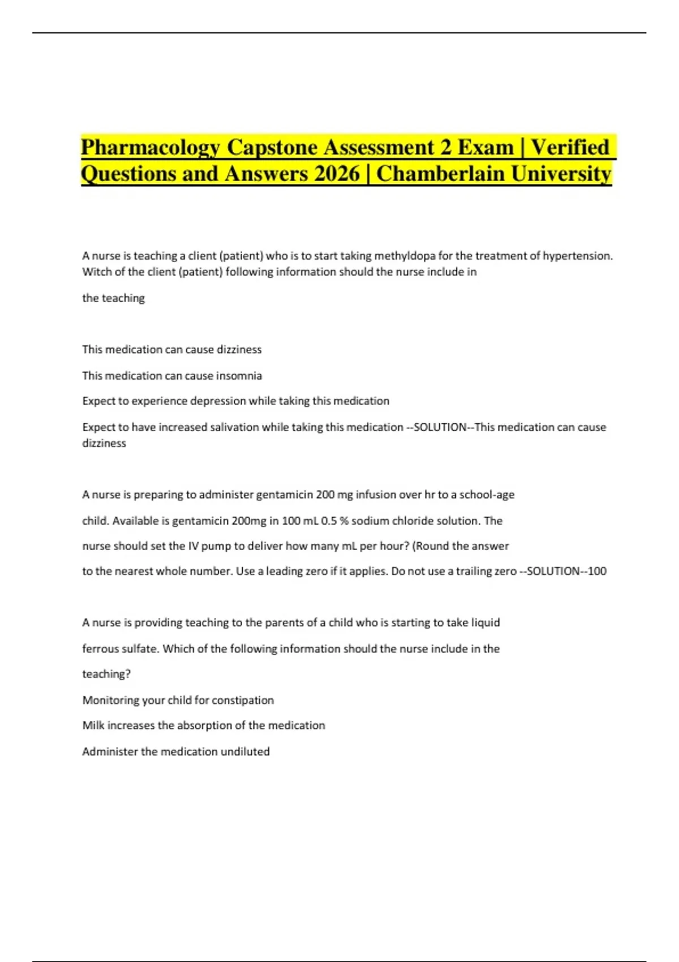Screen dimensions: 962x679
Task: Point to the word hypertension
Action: coord(578,256)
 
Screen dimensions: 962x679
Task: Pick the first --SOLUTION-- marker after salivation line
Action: coord(441,427)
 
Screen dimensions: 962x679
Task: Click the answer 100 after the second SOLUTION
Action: coord(597,572)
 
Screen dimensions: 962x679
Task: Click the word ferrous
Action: coord(101,649)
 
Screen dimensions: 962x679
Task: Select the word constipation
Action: coord(243,701)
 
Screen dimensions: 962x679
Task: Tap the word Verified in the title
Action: coord(570,148)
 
